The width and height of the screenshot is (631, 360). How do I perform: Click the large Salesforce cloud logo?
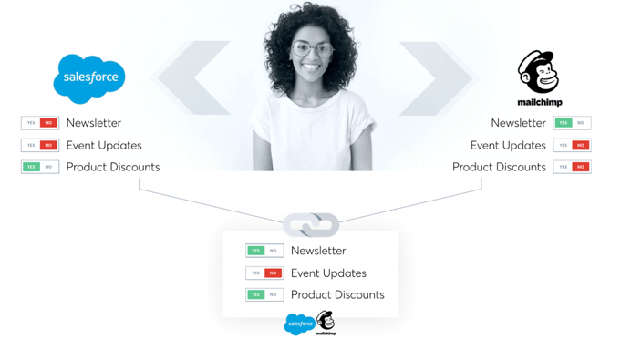pyautogui.click(x=89, y=78)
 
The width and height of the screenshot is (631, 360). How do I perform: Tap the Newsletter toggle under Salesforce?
pyautogui.click(x=40, y=123)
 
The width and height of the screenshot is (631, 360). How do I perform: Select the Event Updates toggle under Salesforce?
pyautogui.click(x=40, y=145)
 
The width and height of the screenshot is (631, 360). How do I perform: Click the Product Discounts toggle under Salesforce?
pyautogui.click(x=40, y=167)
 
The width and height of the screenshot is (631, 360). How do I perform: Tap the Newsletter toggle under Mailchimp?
pyautogui.click(x=572, y=123)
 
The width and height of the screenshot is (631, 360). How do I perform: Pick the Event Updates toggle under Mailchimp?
pyautogui.click(x=572, y=145)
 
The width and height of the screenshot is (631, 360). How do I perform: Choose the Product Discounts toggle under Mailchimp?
pyautogui.click(x=572, y=167)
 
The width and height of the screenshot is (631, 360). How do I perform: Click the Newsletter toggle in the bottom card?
pyautogui.click(x=264, y=251)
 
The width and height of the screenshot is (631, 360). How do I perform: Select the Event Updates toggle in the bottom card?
pyautogui.click(x=264, y=273)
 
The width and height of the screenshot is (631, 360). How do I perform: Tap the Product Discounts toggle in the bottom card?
pyautogui.click(x=264, y=294)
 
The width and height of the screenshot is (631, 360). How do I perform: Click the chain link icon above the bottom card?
pyautogui.click(x=311, y=223)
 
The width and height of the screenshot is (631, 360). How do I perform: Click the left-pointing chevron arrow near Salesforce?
pyautogui.click(x=191, y=78)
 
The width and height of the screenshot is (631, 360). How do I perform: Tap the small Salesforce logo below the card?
pyautogui.click(x=299, y=324)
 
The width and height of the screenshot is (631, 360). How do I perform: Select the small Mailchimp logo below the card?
pyautogui.click(x=326, y=323)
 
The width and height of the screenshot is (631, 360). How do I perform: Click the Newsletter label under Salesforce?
pyautogui.click(x=93, y=123)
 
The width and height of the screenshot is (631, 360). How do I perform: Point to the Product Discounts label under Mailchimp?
pyautogui.click(x=499, y=167)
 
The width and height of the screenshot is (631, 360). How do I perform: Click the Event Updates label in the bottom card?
pyautogui.click(x=328, y=273)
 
